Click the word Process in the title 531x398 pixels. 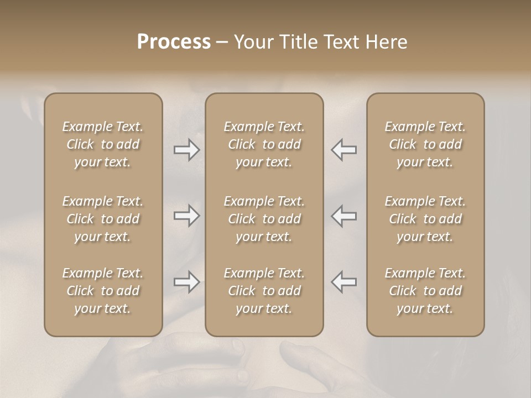pyautogui.click(x=174, y=42)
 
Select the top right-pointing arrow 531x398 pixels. pyautogui.click(x=186, y=150)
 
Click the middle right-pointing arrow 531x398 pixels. pyautogui.click(x=186, y=216)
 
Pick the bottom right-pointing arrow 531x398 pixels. pyautogui.click(x=186, y=282)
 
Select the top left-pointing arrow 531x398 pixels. pyautogui.click(x=343, y=150)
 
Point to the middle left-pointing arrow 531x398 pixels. pyautogui.click(x=343, y=216)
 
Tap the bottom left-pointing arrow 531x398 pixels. pyautogui.click(x=343, y=282)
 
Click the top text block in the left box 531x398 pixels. pyautogui.click(x=103, y=144)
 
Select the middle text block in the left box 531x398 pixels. pyautogui.click(x=103, y=219)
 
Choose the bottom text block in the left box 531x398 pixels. pyautogui.click(x=103, y=291)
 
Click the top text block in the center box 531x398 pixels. pyautogui.click(x=264, y=144)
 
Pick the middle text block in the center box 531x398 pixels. pyautogui.click(x=264, y=219)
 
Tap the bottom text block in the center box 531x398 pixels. pyautogui.click(x=264, y=291)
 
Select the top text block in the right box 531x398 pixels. pyautogui.click(x=425, y=144)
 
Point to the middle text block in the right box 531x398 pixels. pyautogui.click(x=425, y=219)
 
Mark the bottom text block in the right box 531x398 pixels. pyautogui.click(x=425, y=291)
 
